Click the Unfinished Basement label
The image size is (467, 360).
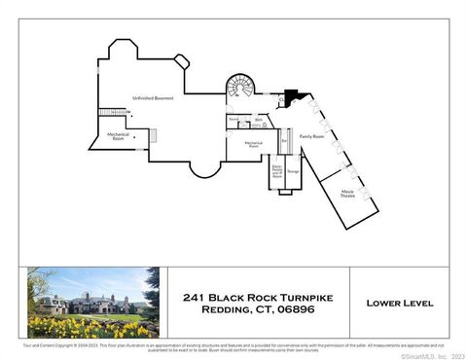tap(153, 98)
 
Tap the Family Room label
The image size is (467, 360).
tap(311, 137)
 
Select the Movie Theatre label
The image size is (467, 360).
tap(346, 193)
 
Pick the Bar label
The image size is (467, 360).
tap(284, 141)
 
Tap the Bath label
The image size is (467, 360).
tap(259, 121)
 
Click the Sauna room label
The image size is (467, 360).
tap(234, 121)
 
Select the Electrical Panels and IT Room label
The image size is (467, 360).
tap(277, 171)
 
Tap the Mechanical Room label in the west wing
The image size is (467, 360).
tap(118, 136)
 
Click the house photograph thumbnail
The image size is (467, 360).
tap(92, 303)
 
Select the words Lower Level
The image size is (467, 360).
tap(399, 303)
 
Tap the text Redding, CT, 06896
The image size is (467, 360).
tap(259, 310)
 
